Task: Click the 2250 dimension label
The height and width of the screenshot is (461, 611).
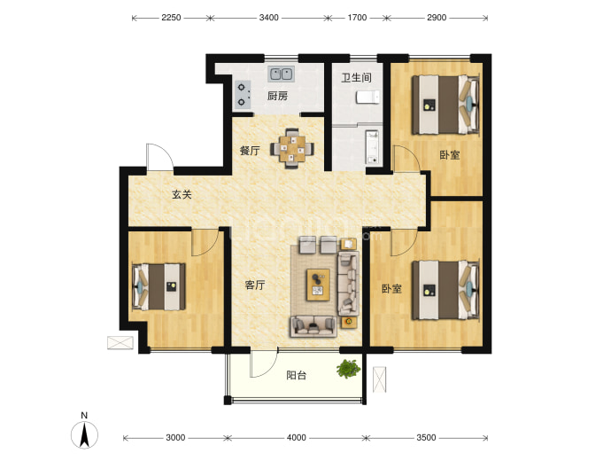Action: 171,18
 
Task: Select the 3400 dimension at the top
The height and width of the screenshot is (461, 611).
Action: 269,18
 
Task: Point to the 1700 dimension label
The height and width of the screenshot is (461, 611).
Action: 357,18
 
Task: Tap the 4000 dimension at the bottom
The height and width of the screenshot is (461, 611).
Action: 296,438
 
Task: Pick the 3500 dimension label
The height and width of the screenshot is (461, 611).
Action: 426,438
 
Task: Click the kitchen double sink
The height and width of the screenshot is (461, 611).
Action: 281,74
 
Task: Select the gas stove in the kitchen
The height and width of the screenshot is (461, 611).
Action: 244,94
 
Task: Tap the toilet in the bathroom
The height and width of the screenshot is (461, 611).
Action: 367,98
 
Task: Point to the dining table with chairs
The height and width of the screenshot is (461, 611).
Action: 292,149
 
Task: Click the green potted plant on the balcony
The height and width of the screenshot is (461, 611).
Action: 348,369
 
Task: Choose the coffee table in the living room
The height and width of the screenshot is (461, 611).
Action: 318,285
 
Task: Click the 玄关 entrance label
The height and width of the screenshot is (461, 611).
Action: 182,194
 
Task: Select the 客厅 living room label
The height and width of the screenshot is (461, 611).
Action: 255,285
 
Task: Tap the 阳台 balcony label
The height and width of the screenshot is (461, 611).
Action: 296,375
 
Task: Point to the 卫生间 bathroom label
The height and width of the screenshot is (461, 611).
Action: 356,78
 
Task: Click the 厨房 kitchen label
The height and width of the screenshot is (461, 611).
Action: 277,96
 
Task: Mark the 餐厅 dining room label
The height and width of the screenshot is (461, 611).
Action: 250,151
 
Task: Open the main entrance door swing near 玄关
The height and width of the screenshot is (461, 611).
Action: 159,156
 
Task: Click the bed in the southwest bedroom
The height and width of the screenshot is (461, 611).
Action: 159,287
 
